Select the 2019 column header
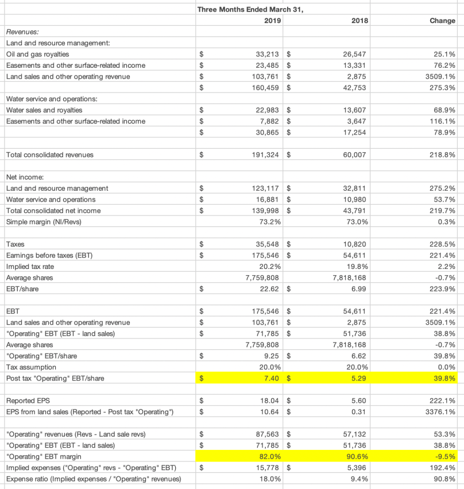272,21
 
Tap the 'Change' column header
442,21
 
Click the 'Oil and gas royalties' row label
37,54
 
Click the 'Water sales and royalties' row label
44,110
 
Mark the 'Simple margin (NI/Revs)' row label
42,222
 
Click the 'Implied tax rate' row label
31,267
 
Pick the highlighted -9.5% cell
445,457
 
